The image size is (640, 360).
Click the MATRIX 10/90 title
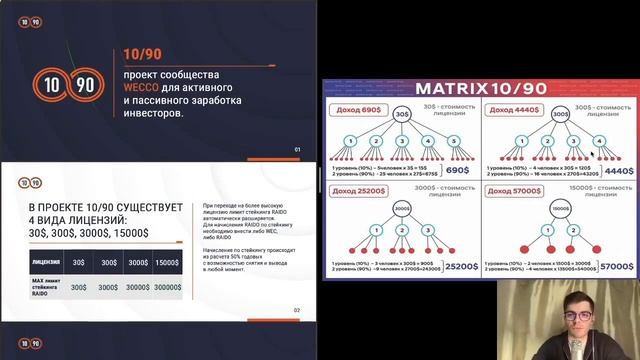pos(478,88)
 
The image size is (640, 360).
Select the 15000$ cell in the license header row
pos(166,262)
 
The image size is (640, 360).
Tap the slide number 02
pos(296,310)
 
